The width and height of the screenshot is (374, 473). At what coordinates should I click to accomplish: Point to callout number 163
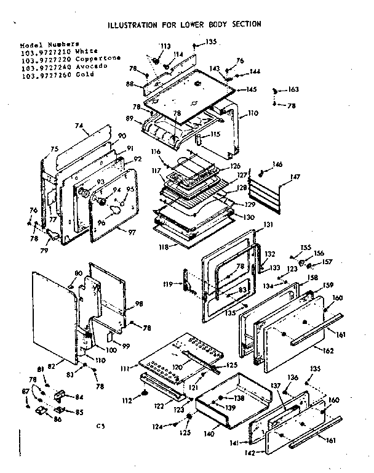pos(293,90)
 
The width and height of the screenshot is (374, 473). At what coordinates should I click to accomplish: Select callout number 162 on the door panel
pos(328,351)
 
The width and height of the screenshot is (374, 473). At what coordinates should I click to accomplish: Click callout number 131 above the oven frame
pos(268,225)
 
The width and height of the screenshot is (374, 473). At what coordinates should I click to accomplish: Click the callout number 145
pos(251,90)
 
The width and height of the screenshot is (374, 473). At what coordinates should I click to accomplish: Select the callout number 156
pos(319,253)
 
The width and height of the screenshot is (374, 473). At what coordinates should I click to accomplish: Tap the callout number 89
pos(130,118)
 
